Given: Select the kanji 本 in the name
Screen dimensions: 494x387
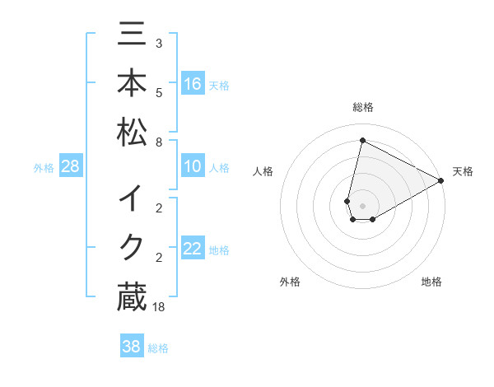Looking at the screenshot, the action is click(x=132, y=84).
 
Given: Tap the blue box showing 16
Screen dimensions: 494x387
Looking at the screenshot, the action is click(x=193, y=84).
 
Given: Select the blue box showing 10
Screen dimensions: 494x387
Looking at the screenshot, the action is click(x=193, y=167).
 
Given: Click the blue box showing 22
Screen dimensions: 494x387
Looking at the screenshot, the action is click(x=193, y=249).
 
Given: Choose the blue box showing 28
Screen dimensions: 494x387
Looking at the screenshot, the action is click(x=71, y=167).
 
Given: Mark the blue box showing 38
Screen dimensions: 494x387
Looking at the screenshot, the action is click(x=132, y=347).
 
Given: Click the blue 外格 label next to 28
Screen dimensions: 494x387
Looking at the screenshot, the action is click(x=44, y=168).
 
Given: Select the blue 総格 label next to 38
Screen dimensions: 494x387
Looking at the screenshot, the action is click(x=158, y=347).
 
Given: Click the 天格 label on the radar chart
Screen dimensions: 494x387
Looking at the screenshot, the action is click(x=463, y=171).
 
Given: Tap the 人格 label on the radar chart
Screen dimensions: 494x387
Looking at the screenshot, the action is click(x=263, y=171).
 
